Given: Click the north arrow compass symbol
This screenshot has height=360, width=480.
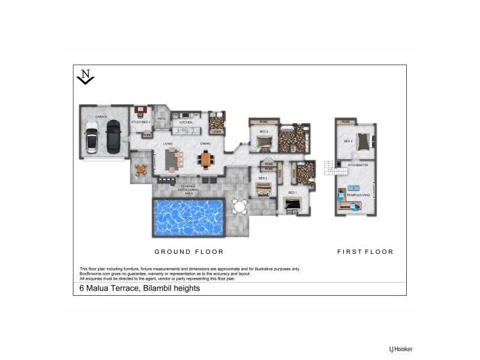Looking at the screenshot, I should tap(86, 77).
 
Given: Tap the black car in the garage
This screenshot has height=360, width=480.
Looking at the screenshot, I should tap(113, 136).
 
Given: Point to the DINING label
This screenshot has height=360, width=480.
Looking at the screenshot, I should tap(205, 144).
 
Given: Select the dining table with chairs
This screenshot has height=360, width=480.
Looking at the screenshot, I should tap(206, 160).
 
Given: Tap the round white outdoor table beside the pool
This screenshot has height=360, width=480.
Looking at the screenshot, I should tap(239, 208).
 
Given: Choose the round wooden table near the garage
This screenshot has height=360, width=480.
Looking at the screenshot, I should tap(141, 169).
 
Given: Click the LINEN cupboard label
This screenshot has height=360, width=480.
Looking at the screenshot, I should tap(217, 131).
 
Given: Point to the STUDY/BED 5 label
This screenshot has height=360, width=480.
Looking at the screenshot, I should tap(140, 122).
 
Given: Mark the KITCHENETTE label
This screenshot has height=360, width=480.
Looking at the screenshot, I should tap(358, 164).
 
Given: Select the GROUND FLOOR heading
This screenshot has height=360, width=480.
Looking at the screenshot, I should tap(189, 252).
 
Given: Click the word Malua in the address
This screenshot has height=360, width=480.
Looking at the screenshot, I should tap(99, 289).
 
